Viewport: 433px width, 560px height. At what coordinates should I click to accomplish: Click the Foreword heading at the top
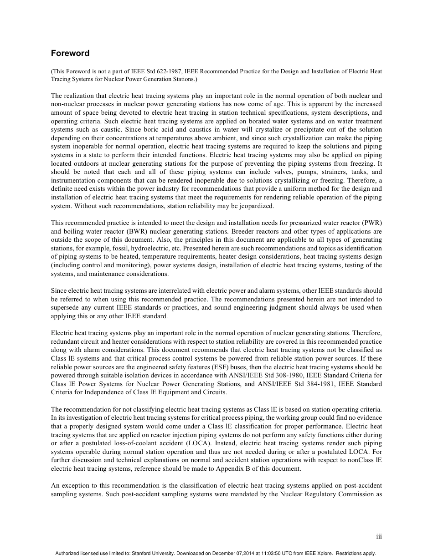(x=70, y=53)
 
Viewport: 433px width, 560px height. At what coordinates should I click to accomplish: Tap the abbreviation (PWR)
(x=371, y=223)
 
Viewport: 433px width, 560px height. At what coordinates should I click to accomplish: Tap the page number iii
(x=379, y=537)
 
